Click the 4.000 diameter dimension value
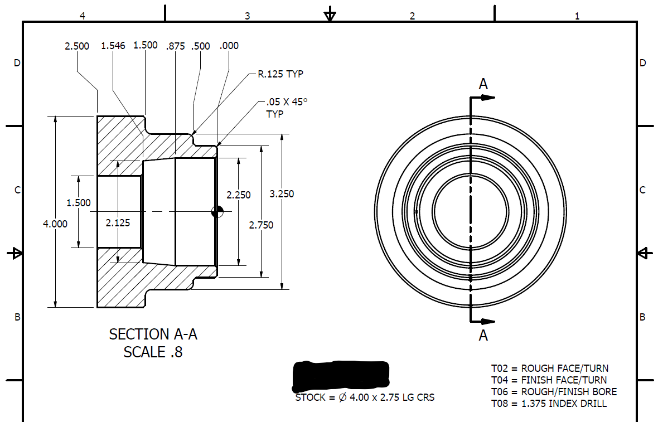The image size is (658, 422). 55,224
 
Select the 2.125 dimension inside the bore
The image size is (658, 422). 118,223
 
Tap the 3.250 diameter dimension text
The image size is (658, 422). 282,194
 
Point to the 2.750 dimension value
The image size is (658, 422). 261,225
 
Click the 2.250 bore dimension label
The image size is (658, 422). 238,195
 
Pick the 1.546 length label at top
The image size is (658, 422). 113,46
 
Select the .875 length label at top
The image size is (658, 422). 176,46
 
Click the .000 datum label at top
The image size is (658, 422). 229,46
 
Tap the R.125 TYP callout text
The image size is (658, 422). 280,74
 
